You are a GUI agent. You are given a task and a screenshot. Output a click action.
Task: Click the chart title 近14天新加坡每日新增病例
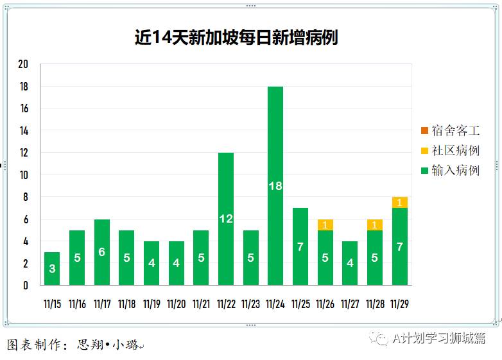(236, 38)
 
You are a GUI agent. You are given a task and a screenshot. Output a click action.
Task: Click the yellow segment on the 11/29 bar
(400, 203)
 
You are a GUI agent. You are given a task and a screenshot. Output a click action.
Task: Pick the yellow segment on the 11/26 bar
(325, 225)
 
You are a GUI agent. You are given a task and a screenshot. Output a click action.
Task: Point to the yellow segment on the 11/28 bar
(375, 225)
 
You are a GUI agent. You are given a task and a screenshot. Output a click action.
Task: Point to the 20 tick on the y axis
(24, 65)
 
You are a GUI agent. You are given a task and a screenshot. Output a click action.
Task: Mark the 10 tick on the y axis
(24, 175)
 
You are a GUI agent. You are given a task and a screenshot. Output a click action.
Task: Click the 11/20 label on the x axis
(176, 304)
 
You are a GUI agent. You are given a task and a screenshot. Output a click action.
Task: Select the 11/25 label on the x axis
(300, 304)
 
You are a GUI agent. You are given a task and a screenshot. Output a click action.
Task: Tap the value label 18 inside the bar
(275, 186)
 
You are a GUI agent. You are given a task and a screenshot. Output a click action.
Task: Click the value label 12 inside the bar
(226, 219)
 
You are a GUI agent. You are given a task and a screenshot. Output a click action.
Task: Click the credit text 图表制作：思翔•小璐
(75, 345)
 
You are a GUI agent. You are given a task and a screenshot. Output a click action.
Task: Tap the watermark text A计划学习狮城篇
(439, 339)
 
